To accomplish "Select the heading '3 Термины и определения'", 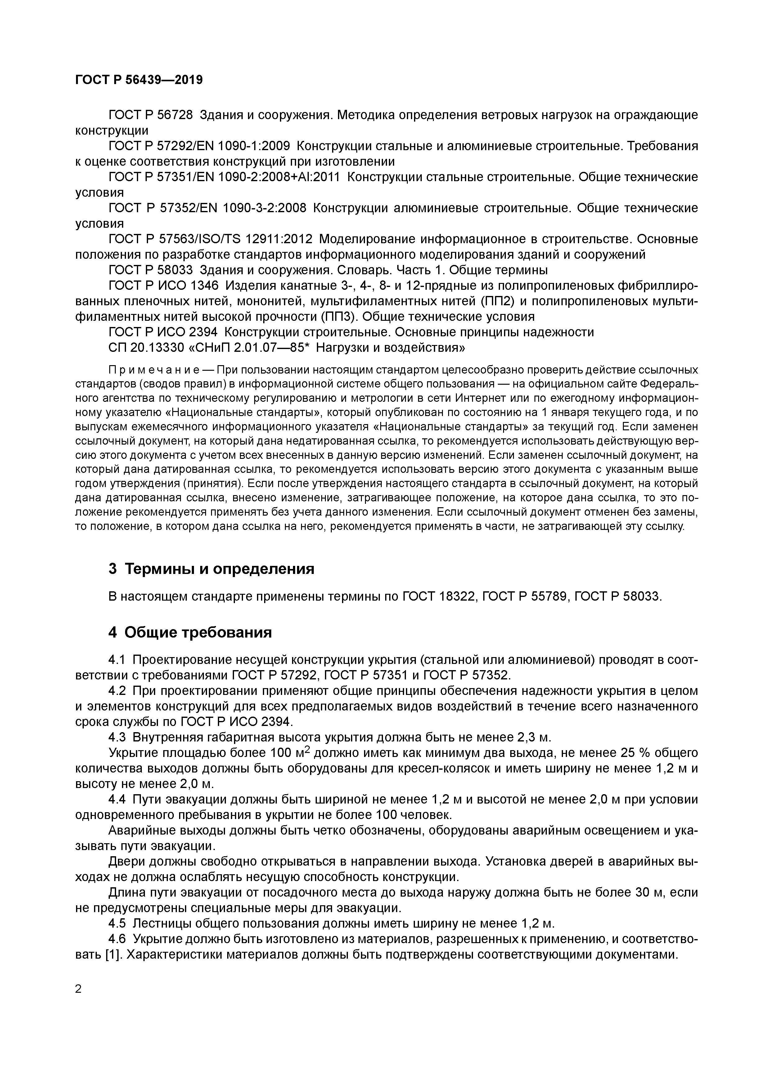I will (x=211, y=569).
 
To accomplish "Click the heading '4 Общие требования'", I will (x=190, y=632).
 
